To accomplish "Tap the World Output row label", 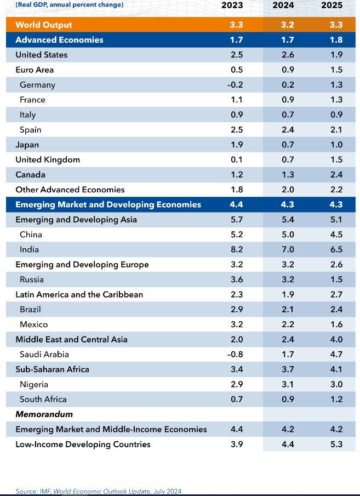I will pyautogui.click(x=44, y=25).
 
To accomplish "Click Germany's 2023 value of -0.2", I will pyautogui.click(x=236, y=85).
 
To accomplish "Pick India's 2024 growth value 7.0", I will pyautogui.click(x=287, y=249).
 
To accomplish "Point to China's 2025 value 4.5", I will pyautogui.click(x=336, y=235).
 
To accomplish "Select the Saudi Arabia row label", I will pyautogui.click(x=44, y=354).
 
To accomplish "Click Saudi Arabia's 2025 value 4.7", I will pyautogui.click(x=336, y=354).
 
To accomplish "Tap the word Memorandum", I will pyautogui.click(x=44, y=414).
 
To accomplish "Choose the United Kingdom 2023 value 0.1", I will pyautogui.click(x=236, y=159).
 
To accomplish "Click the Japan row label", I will pyautogui.click(x=27, y=145).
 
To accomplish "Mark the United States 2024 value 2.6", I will pyautogui.click(x=287, y=55).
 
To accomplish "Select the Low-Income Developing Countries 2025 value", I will pyautogui.click(x=336, y=444).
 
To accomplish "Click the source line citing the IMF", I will pyautogui.click(x=99, y=491).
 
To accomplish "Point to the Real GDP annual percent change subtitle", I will pyautogui.click(x=70, y=5).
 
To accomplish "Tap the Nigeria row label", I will pyautogui.click(x=34, y=384).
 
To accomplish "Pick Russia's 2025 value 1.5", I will pyautogui.click(x=336, y=280).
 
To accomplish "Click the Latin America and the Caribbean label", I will pyautogui.click(x=79, y=294).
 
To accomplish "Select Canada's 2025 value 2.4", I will pyautogui.click(x=336, y=175).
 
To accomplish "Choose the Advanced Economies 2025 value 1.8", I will pyautogui.click(x=336, y=40).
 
